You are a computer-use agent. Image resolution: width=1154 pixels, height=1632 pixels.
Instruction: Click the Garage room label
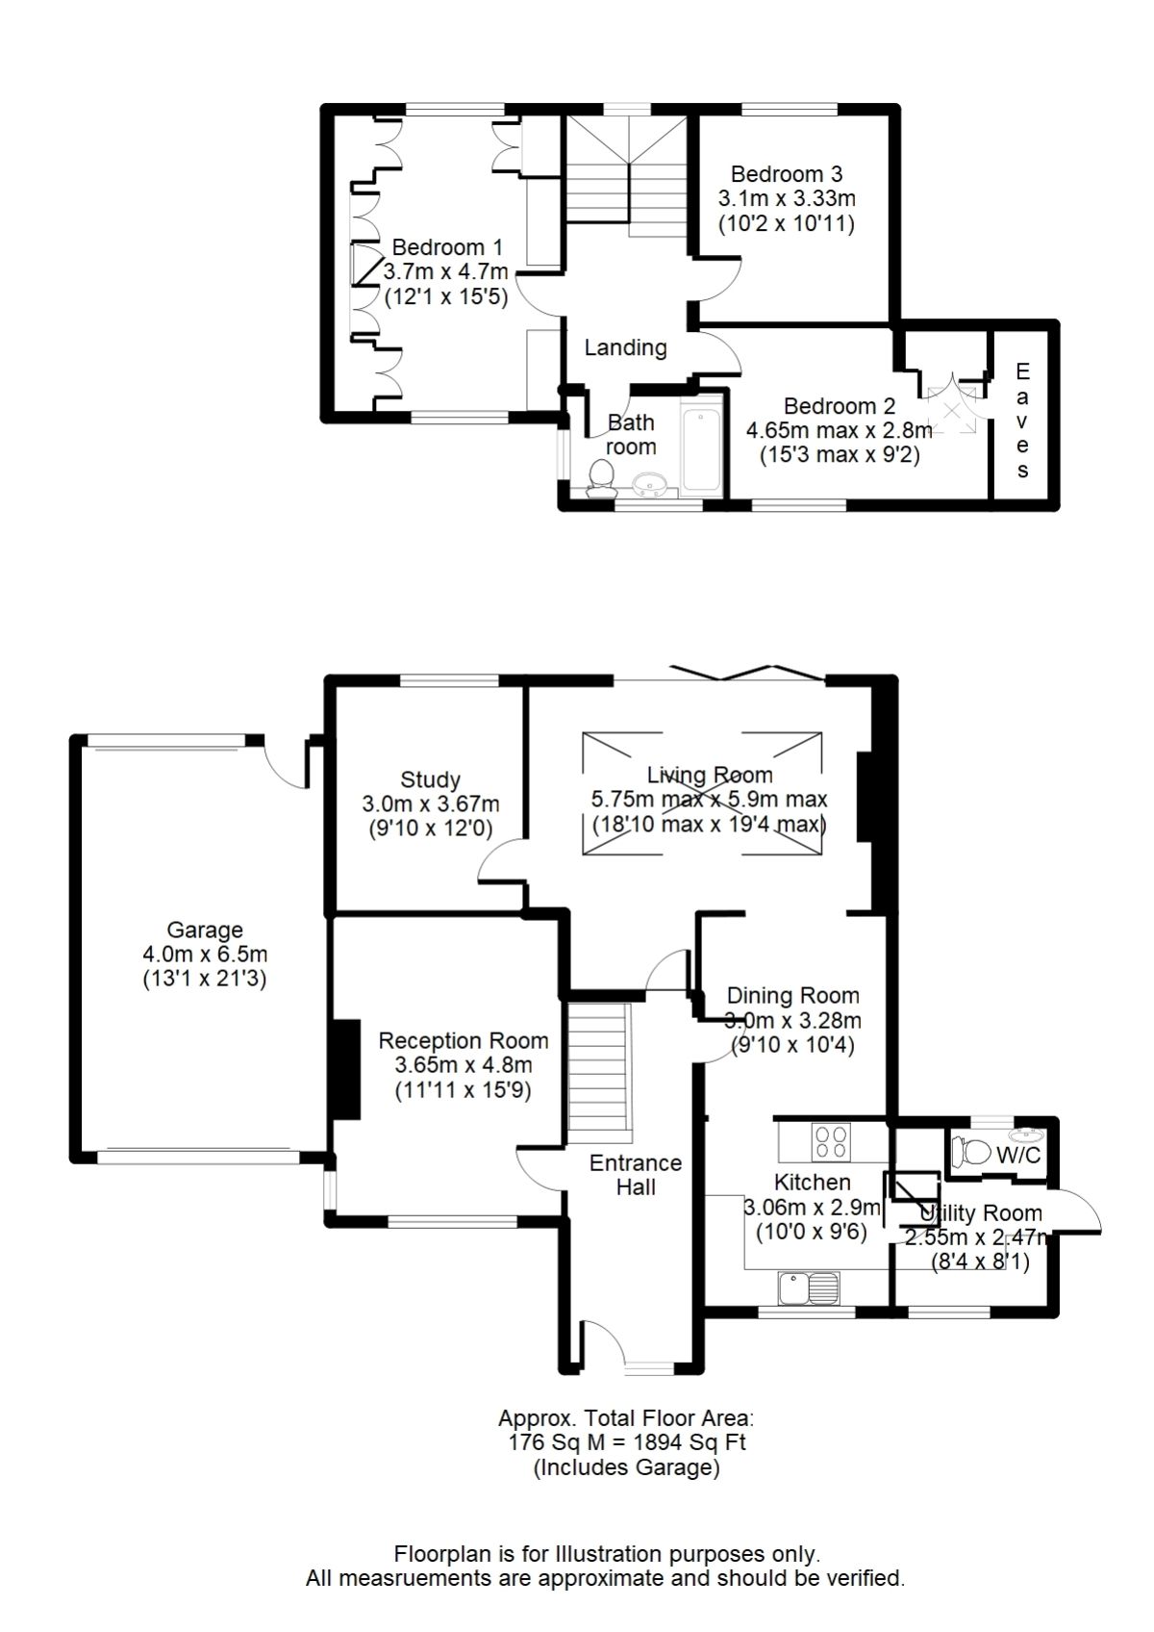click(205, 931)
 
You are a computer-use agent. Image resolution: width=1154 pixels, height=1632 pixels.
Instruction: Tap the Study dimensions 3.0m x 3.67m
click(431, 803)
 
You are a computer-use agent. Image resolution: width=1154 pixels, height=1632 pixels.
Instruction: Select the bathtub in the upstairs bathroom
click(698, 449)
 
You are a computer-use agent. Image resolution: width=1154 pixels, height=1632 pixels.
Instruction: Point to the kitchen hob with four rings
click(830, 1142)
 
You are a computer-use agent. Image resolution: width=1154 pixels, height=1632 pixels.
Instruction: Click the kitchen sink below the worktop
click(809, 1288)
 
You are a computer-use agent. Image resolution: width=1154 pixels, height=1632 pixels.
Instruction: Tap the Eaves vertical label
click(1022, 421)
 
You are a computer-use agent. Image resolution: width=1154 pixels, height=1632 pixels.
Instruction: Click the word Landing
click(625, 347)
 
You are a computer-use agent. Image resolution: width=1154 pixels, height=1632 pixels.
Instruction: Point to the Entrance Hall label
click(636, 1175)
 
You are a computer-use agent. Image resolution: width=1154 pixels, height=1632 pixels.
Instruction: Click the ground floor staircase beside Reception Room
click(598, 1068)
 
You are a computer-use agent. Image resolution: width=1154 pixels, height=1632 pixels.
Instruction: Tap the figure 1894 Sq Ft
click(687, 1442)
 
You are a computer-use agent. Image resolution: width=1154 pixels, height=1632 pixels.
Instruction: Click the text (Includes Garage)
click(626, 1467)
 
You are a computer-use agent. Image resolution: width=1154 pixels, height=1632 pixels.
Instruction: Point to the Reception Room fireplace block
click(345, 1069)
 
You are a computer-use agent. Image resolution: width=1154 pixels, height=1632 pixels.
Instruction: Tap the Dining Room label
click(792, 996)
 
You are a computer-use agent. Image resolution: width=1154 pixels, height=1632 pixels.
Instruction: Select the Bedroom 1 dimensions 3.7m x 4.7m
click(445, 272)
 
